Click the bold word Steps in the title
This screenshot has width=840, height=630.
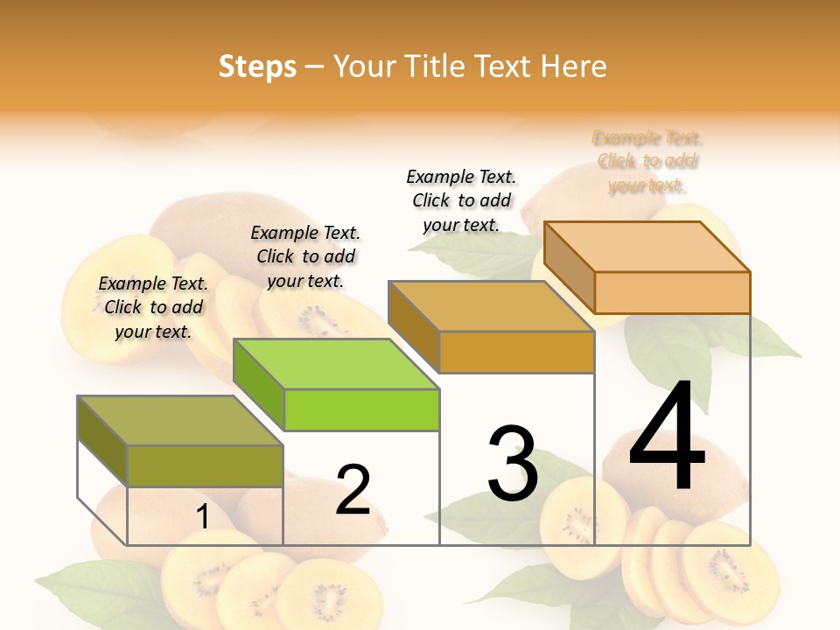[x=257, y=66]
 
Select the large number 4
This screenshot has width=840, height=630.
[x=667, y=438]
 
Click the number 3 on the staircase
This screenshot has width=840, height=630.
[x=513, y=464]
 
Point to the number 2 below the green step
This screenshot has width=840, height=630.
[x=353, y=490]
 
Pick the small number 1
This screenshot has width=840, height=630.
[x=202, y=517]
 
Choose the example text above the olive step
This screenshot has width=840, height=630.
[x=153, y=307]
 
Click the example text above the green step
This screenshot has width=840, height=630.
[x=305, y=256]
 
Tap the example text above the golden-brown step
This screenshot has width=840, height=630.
[x=461, y=200]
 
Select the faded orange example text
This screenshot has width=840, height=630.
[x=647, y=162]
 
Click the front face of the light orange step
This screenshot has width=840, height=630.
[x=672, y=292]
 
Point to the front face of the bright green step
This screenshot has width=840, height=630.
[x=361, y=409]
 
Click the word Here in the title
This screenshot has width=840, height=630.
[x=573, y=66]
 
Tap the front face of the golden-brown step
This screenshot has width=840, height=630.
[x=516, y=352]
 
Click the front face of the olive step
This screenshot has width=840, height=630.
[x=205, y=465]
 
